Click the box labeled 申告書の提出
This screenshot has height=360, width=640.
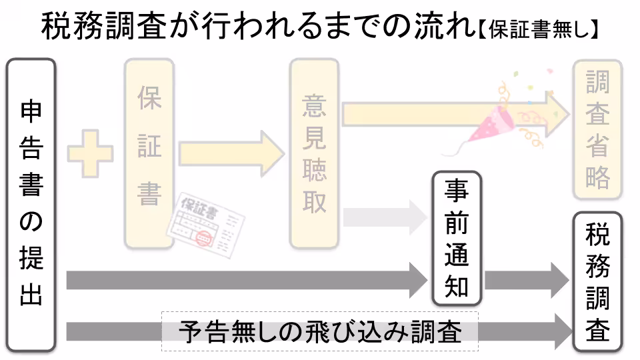(x=31, y=205)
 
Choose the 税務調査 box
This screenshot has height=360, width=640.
(x=597, y=282)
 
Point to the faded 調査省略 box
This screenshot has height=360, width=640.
(x=597, y=130)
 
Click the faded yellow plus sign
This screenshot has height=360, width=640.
(x=89, y=154)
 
